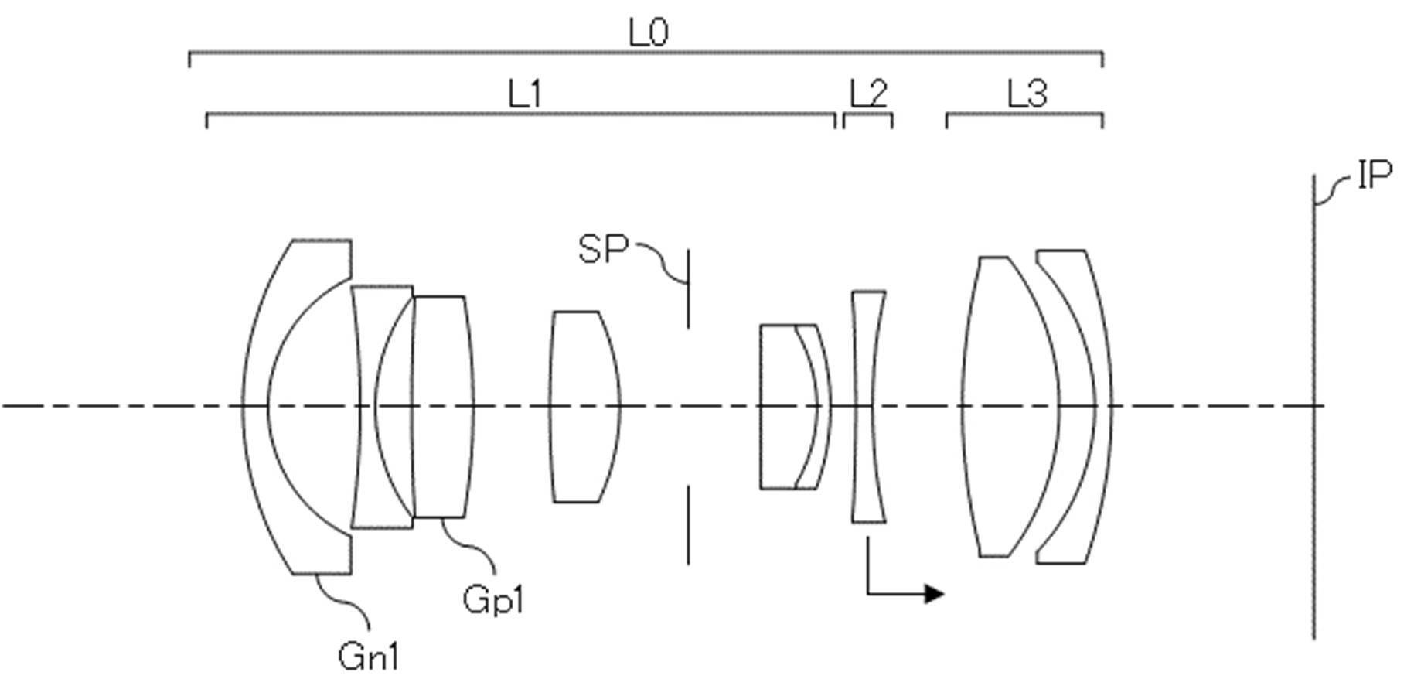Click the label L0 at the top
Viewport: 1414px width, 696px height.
point(649,32)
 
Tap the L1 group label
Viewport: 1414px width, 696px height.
point(525,95)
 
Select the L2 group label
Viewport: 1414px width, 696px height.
point(868,95)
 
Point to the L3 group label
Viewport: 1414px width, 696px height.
point(1027,95)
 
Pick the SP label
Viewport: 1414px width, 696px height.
point(603,249)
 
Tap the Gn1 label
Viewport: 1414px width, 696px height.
point(369,657)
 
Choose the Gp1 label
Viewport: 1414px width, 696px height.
point(493,599)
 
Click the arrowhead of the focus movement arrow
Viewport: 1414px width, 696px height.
point(935,593)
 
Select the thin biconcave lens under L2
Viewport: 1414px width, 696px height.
point(869,407)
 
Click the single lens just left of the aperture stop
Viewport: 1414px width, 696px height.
point(584,407)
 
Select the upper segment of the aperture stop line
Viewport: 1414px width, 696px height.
point(687,288)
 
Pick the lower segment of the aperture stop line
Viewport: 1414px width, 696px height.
point(687,525)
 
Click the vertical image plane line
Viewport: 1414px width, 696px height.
point(1313,407)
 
